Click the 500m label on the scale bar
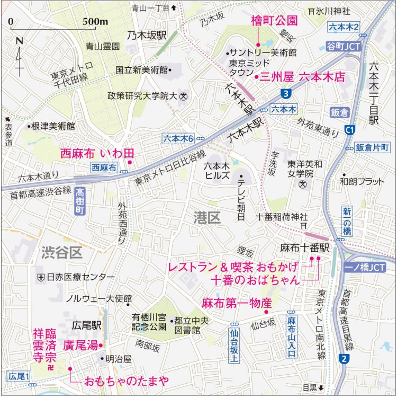coord(95,22)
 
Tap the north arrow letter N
coord(20,41)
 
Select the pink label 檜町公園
coord(274,21)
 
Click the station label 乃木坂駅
coord(147,35)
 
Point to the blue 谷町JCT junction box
coord(344,47)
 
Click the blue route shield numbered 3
coord(286,94)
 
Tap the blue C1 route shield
coord(349,129)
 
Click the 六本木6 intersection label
coord(178,138)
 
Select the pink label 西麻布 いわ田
coord(97,154)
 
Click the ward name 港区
coord(207,217)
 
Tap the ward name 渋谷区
coord(62,253)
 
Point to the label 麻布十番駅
coord(304,248)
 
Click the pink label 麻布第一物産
coord(237,303)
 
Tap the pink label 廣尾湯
coord(80,346)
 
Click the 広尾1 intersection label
coord(20,376)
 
